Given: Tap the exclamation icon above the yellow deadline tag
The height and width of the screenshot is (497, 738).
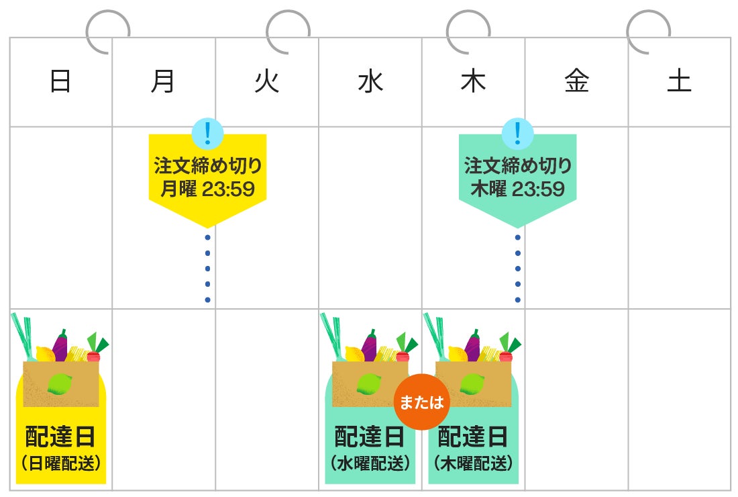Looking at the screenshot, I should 207,133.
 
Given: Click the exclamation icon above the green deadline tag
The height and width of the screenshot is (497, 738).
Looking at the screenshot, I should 517,133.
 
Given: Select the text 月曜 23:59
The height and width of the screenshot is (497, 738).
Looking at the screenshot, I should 207,189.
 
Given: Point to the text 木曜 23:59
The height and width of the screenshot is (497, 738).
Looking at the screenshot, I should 517,189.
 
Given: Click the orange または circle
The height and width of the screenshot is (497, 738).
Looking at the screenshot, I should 421,402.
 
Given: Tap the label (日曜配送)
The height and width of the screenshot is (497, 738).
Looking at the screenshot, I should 60,463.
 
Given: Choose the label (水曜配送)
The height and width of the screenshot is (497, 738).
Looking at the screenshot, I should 370,463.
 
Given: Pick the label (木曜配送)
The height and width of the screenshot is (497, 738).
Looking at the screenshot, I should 473,463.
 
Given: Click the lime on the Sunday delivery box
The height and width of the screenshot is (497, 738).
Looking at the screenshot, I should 60,383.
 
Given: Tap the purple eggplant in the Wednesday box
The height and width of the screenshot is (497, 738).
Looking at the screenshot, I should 369,345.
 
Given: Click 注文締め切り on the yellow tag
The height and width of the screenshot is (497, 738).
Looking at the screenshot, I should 207,165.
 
